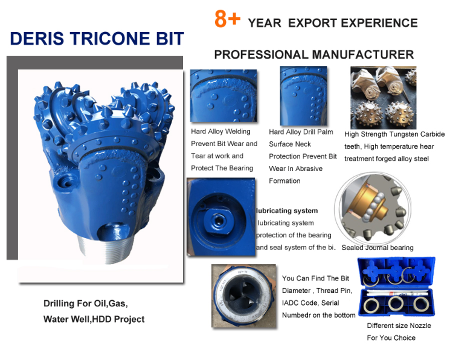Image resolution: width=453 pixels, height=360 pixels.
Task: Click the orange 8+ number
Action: pyautogui.click(x=228, y=20)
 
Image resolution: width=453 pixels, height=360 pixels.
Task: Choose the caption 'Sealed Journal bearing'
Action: pyautogui.click(x=377, y=248)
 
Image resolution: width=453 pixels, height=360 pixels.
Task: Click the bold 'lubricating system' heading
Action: pyautogui.click(x=288, y=211)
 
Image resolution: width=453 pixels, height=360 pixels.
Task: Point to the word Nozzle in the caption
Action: pyautogui.click(x=420, y=326)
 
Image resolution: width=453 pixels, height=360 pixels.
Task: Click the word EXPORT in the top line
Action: pyautogui.click(x=312, y=23)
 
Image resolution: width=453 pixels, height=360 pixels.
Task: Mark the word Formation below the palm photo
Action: pyautogui.click(x=284, y=181)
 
